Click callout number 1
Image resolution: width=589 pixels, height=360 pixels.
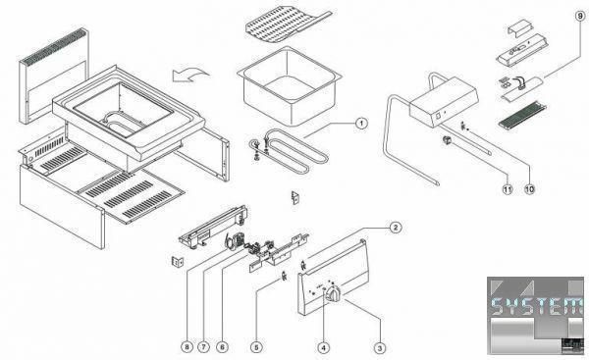click(360, 123)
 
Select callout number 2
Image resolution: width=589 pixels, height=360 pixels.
click(395, 228)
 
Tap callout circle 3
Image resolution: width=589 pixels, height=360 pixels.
click(380, 347)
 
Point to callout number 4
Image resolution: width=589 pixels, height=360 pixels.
click(323, 347)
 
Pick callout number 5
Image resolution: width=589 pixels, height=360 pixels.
click(256, 347)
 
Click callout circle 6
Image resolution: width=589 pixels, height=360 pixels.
click(222, 347)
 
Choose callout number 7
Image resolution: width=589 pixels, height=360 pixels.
click(203, 347)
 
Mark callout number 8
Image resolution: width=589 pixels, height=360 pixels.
click(187, 347)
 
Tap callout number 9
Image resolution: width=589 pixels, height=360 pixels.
click(581, 16)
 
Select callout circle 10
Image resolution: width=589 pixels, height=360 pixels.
click(529, 189)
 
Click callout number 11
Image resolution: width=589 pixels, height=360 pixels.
click(508, 189)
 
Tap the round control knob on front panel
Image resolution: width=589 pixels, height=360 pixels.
click(334, 293)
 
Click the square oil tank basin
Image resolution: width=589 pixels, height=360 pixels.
click(290, 85)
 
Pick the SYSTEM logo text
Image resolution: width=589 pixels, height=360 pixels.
click(537, 306)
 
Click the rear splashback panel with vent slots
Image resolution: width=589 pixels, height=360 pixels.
click(53, 77)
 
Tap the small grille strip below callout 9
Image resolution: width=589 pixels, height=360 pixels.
click(522, 115)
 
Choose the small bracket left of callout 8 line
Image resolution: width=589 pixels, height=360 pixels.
click(178, 261)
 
